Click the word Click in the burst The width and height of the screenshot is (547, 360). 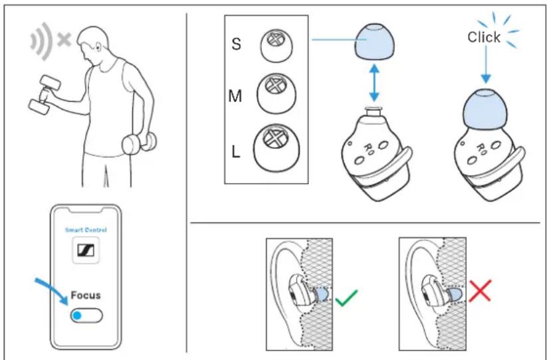(484, 37)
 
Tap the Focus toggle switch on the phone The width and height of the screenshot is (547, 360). (86, 315)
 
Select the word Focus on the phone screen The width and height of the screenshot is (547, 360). (86, 296)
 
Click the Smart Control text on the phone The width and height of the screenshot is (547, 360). (86, 230)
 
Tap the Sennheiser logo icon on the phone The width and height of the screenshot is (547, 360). (86, 250)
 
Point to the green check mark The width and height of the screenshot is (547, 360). (346, 298)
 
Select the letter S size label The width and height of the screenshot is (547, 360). (236, 45)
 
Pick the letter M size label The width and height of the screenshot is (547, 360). (235, 96)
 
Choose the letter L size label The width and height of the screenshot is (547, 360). (236, 151)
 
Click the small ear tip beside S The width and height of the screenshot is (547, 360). (276, 46)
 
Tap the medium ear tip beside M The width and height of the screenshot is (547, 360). (276, 94)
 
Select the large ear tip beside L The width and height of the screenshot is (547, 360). (276, 147)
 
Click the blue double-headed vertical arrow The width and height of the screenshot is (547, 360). (374, 82)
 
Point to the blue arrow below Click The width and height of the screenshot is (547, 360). (486, 65)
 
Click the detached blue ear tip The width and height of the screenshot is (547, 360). (374, 42)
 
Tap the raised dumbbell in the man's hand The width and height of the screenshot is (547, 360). (45, 94)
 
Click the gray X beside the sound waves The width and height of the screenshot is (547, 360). (64, 40)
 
